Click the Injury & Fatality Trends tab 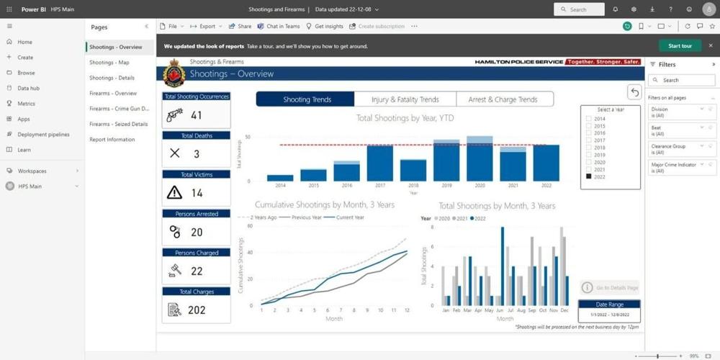[x=405, y=99]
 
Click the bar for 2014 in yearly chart [x=280, y=177]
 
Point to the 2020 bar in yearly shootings [x=480, y=160]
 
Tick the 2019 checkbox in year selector [x=589, y=155]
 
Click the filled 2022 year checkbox [x=589, y=176]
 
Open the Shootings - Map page [x=109, y=63]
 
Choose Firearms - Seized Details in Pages [x=119, y=124]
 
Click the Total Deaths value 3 [x=197, y=153]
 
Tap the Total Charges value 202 [x=197, y=310]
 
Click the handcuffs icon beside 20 [x=174, y=232]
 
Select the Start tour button [x=679, y=46]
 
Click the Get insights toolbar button [x=324, y=26]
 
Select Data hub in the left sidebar [x=29, y=88]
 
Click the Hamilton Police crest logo [x=174, y=73]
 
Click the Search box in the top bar [x=580, y=9]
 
